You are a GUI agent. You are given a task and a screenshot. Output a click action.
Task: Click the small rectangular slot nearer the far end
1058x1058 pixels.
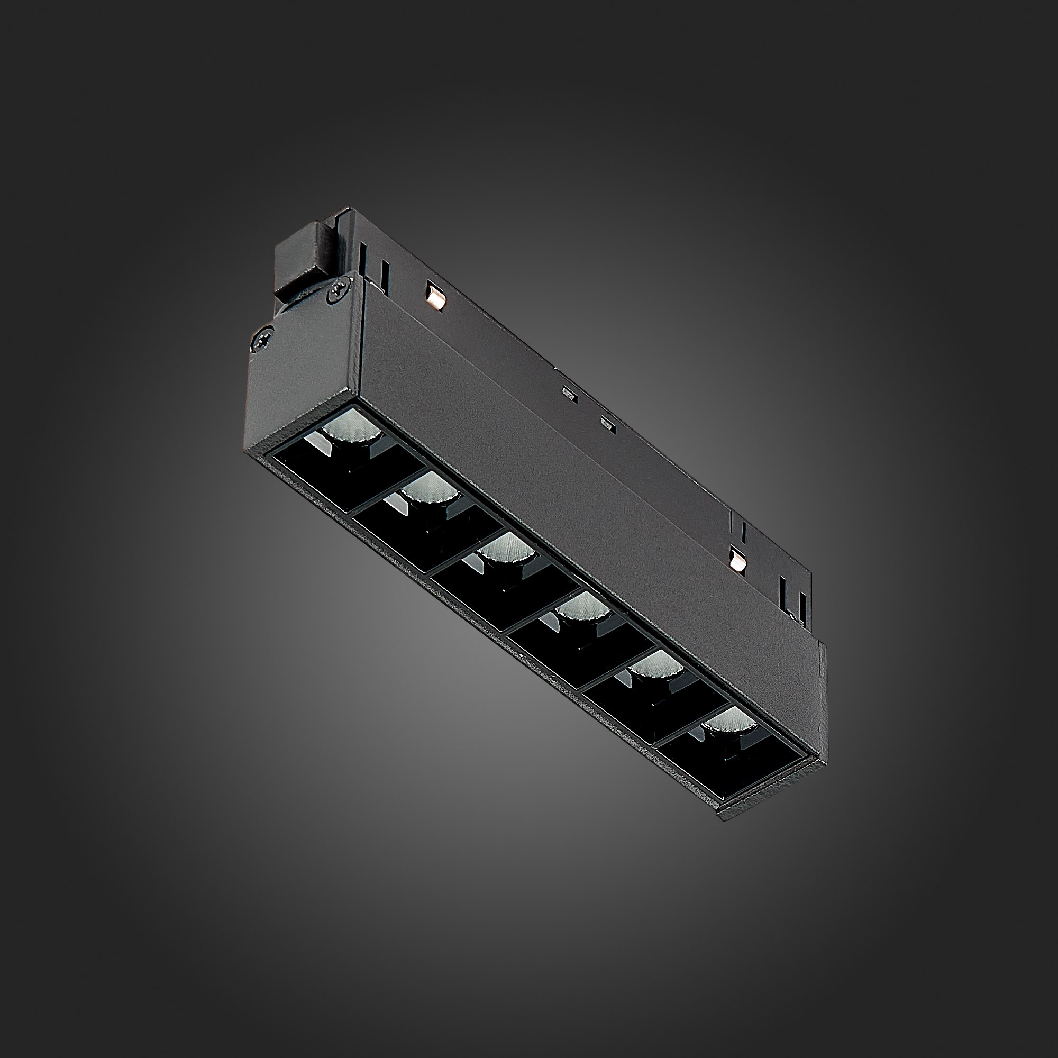click(x=607, y=422)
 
